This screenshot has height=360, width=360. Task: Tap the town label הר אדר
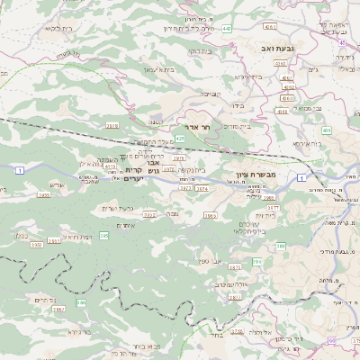198,128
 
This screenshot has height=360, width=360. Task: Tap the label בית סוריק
233,126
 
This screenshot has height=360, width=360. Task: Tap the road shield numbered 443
226,29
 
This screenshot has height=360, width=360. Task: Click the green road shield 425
180,139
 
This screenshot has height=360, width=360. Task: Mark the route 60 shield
332,340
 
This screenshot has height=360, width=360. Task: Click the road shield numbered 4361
281,64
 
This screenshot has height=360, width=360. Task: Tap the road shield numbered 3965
210,216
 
